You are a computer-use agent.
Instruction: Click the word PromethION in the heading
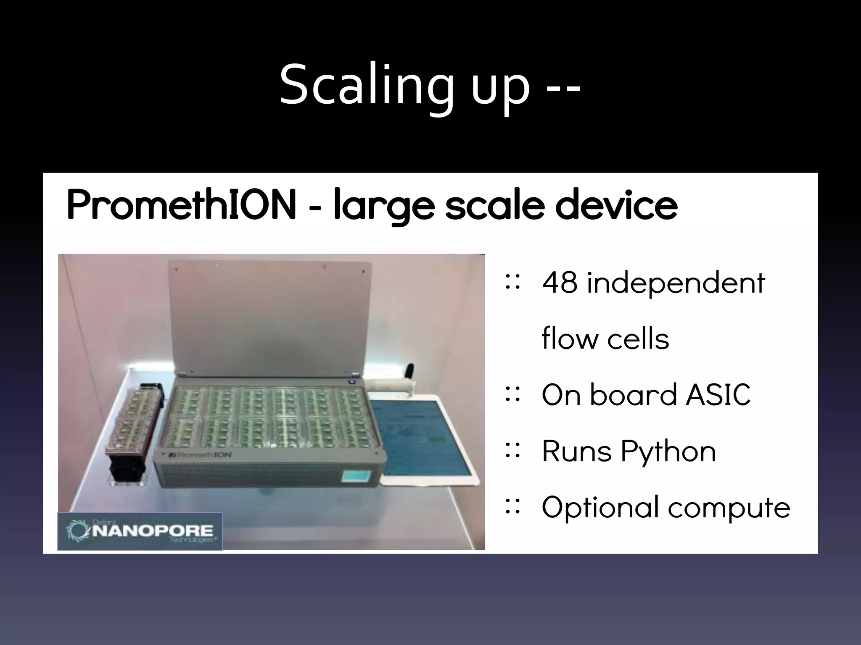click(181, 205)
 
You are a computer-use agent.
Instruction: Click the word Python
click(668, 452)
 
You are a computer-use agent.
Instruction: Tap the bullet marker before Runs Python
click(512, 450)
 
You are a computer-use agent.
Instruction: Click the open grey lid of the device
click(269, 315)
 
